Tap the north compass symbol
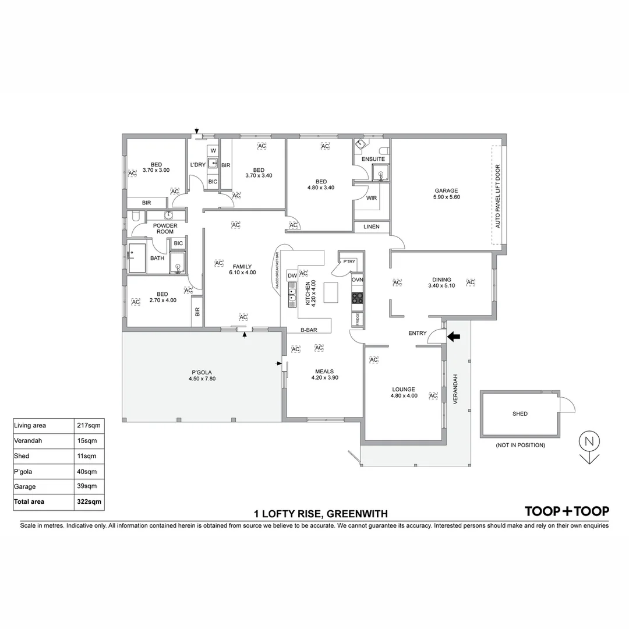point(589,447)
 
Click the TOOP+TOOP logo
point(567,511)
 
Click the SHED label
point(520,414)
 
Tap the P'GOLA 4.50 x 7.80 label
point(202,375)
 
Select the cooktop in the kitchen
point(358,298)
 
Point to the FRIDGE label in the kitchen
point(358,319)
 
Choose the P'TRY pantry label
point(349,262)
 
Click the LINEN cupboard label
point(371,227)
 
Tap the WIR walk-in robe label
point(372,198)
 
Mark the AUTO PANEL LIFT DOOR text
point(497,195)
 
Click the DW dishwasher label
point(292,275)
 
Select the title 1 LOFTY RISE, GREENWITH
point(320,514)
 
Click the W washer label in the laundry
point(213,150)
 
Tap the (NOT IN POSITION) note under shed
point(520,446)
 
